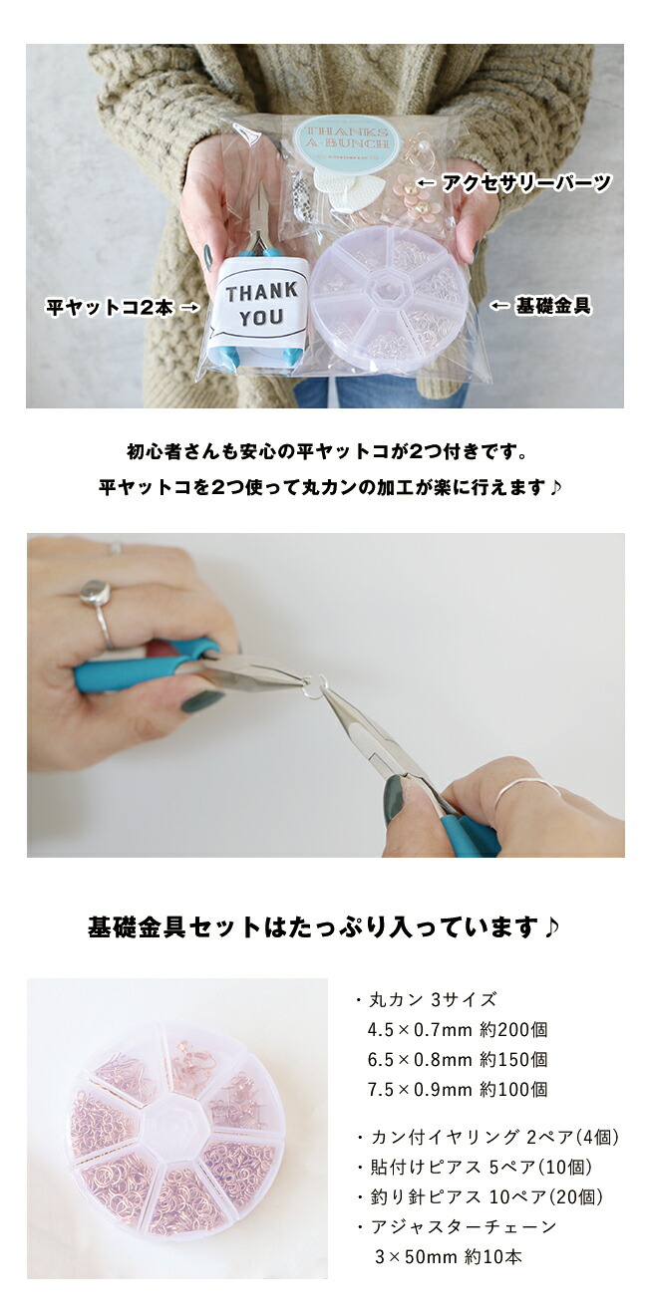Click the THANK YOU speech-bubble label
pyautogui.click(x=260, y=303)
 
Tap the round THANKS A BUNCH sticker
pyautogui.click(x=348, y=142)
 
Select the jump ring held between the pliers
pyautogui.click(x=316, y=686)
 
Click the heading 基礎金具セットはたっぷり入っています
pyautogui.click(x=324, y=928)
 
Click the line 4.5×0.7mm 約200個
pyautogui.click(x=458, y=1029)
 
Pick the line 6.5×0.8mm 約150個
pyautogui.click(x=458, y=1059)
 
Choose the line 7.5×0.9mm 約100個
pyautogui.click(x=458, y=1089)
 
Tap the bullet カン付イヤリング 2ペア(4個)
pyautogui.click(x=486, y=1137)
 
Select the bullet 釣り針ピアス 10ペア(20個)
pyautogui.click(x=479, y=1196)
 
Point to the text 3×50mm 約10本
pyautogui.click(x=448, y=1256)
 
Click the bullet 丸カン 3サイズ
pyautogui.click(x=426, y=999)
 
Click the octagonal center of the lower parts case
pyautogui.click(x=176, y=1130)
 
